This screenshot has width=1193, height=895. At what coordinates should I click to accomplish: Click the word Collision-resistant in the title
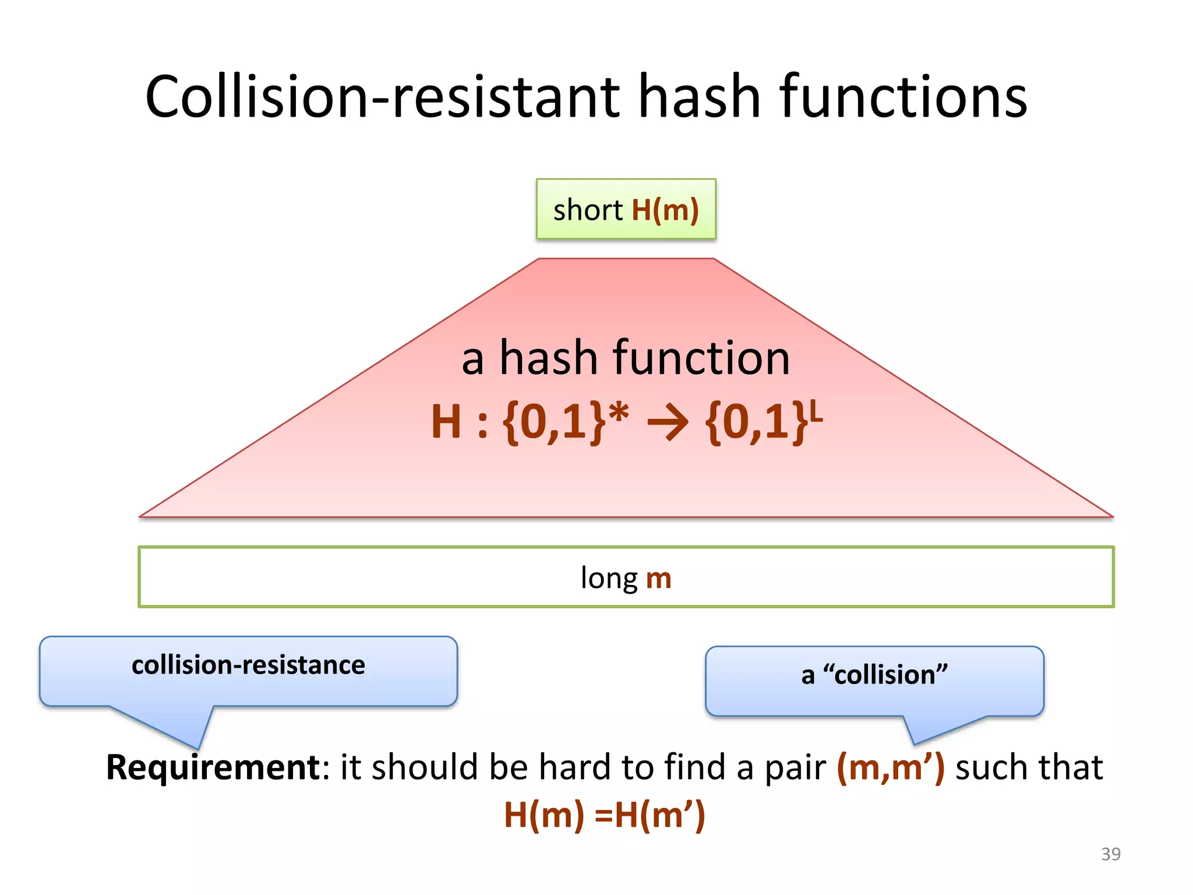pyautogui.click(x=383, y=97)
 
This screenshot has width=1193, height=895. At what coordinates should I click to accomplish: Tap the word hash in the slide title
pyautogui.click(x=699, y=97)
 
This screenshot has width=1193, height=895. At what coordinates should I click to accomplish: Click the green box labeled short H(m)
pyautogui.click(x=626, y=209)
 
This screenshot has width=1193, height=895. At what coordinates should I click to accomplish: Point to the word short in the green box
pyautogui.click(x=588, y=210)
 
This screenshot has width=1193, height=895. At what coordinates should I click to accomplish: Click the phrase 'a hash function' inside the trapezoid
pyautogui.click(x=626, y=358)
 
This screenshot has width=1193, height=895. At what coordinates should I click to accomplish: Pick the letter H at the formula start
pyautogui.click(x=446, y=422)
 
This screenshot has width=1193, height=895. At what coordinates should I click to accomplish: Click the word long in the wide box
pyautogui.click(x=609, y=579)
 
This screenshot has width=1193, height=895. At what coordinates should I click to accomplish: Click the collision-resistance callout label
pyautogui.click(x=248, y=665)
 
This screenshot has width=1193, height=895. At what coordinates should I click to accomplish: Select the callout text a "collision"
pyautogui.click(x=874, y=675)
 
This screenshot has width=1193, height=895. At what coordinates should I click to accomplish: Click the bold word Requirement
pyautogui.click(x=213, y=767)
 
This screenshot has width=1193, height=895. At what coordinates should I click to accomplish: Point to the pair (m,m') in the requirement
pyautogui.click(x=890, y=767)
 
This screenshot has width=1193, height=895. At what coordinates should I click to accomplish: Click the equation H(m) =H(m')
pyautogui.click(x=604, y=815)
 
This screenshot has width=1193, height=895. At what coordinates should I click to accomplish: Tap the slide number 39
pyautogui.click(x=1110, y=854)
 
